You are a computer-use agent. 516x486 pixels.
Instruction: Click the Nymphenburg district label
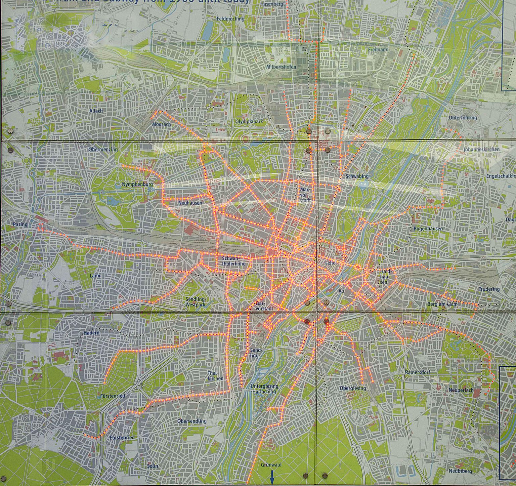(137, 185)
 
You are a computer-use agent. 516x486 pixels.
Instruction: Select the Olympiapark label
(249, 122)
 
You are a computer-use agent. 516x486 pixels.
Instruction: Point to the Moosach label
(161, 124)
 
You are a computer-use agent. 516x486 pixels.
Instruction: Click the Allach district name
(96, 111)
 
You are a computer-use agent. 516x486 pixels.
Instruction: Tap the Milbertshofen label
(281, 67)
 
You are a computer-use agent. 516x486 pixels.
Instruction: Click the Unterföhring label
(463, 118)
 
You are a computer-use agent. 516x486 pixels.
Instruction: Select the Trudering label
(489, 289)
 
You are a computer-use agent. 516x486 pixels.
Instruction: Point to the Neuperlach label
(461, 390)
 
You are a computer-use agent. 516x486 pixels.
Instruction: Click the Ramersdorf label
(418, 372)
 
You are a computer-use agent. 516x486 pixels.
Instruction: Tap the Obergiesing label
(353, 388)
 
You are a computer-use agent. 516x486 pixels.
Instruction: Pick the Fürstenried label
(113, 396)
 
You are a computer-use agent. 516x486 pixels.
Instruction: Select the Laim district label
(95, 276)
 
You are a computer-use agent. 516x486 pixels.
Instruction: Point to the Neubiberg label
(460, 471)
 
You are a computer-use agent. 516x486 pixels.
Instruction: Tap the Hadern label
(91, 333)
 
